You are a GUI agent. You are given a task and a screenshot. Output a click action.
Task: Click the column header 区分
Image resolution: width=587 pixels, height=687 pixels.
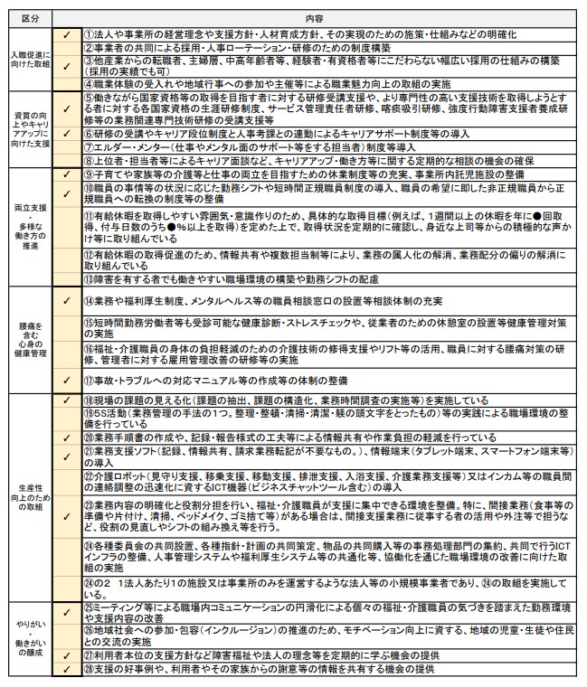click(30, 17)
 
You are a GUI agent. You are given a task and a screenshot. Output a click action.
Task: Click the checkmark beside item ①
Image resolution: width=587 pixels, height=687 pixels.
click(66, 34)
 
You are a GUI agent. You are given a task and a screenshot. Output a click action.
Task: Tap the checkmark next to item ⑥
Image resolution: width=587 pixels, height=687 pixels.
click(66, 133)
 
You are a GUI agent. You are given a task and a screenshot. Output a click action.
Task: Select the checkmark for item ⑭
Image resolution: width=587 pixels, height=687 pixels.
click(66, 298)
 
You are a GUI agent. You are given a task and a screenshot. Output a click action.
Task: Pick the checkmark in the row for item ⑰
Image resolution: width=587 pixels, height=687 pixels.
click(66, 381)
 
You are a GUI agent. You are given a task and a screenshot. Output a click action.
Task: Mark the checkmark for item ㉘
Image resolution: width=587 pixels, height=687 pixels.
click(66, 669)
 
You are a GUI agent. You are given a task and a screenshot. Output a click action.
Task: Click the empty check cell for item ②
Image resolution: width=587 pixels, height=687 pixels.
click(66, 47)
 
